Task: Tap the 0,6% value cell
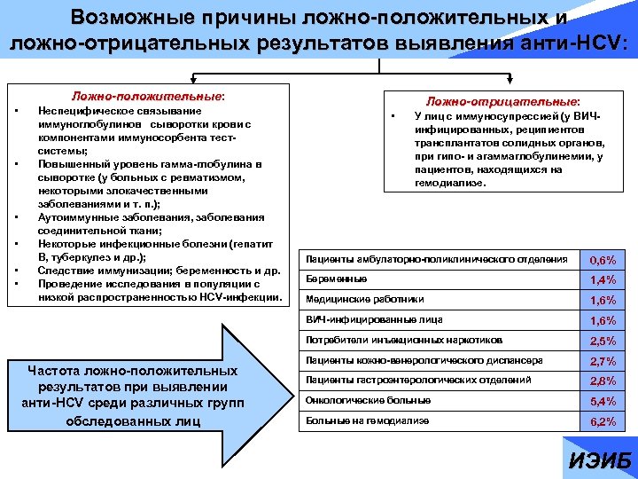pos(603,261)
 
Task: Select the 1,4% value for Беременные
pos(603,281)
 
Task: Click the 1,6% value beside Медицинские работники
pos(603,302)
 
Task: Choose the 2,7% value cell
pos(603,362)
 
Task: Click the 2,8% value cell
pos(603,382)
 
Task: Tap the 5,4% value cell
pos(603,403)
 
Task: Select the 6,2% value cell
pos(603,423)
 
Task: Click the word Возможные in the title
pos(133,17)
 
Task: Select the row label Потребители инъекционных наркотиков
pos(403,340)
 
